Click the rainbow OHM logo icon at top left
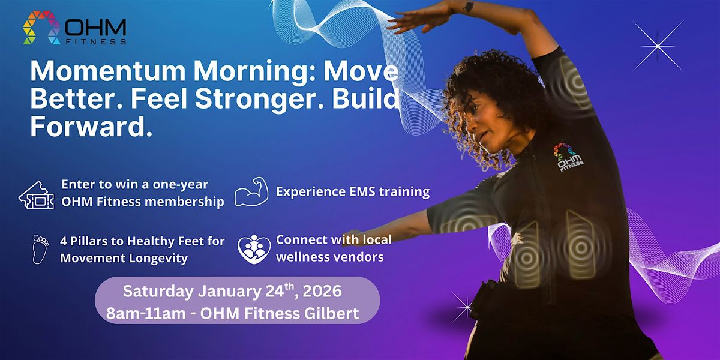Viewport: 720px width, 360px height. pos(41,28)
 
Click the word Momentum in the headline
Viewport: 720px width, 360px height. pos(108,71)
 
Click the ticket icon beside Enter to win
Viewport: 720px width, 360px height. pos(37,195)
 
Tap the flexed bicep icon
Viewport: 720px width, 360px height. pos(251,191)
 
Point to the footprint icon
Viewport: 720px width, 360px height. pos(40,250)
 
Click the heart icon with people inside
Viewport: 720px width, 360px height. pos(254,250)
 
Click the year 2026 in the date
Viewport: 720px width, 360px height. pos(322,291)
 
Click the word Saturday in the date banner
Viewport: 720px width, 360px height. pos(158,292)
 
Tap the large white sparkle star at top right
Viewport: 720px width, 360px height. pos(658,46)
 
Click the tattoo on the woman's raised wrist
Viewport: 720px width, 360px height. pos(469,7)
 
